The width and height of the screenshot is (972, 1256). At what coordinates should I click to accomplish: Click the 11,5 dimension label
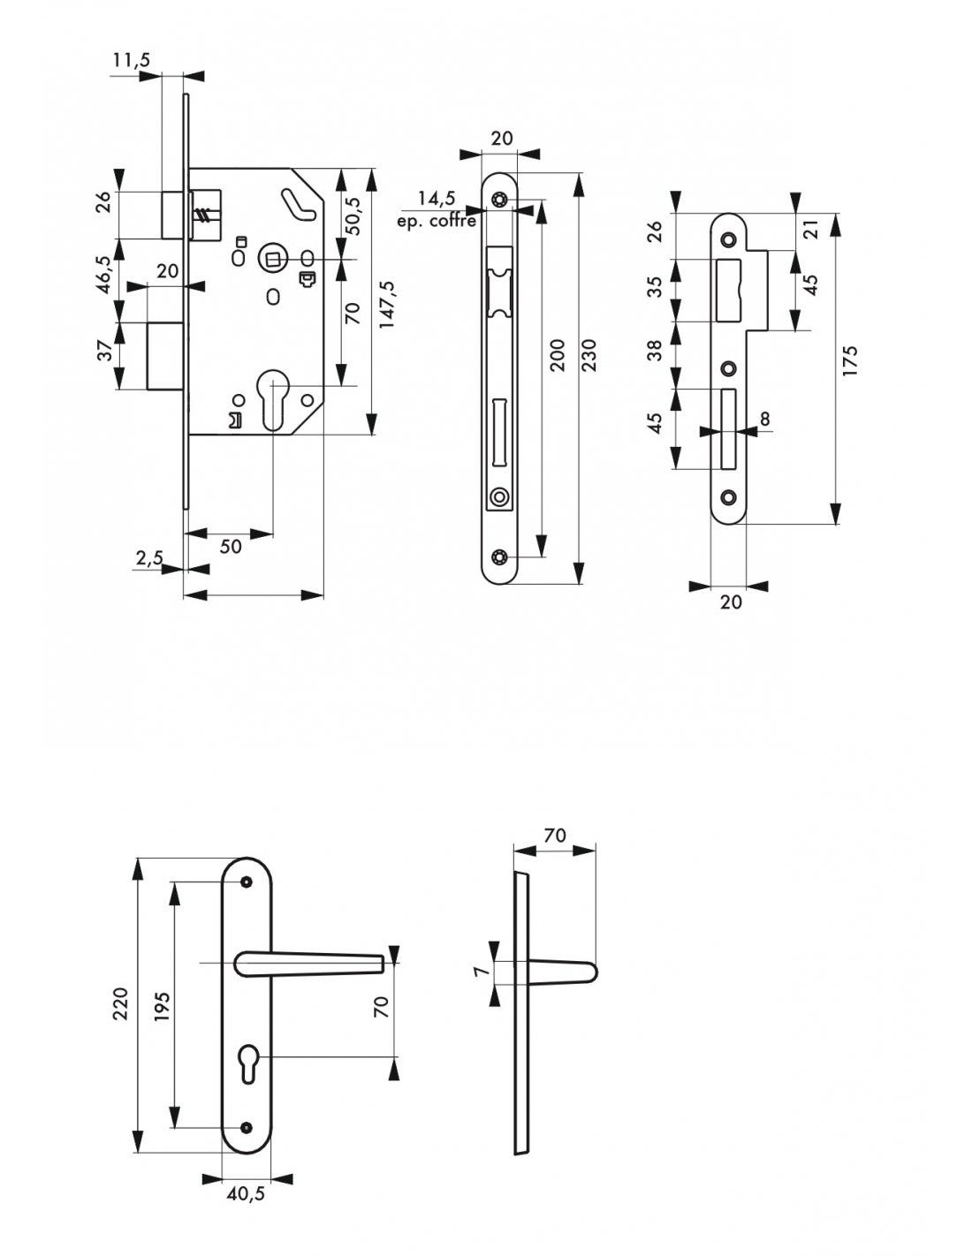pyautogui.click(x=132, y=60)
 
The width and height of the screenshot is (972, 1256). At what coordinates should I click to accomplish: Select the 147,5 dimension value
pyautogui.click(x=386, y=305)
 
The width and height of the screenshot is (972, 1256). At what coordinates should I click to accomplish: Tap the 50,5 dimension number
pyautogui.click(x=353, y=216)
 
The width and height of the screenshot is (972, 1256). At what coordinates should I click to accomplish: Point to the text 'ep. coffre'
pyautogui.click(x=437, y=221)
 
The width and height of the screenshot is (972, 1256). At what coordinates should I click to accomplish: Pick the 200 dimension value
pyautogui.click(x=557, y=355)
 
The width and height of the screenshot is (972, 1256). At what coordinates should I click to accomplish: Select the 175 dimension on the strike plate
pyautogui.click(x=850, y=361)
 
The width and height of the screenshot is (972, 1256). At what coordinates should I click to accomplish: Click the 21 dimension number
pyautogui.click(x=812, y=230)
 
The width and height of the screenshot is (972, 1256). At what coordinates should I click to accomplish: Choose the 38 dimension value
pyautogui.click(x=654, y=351)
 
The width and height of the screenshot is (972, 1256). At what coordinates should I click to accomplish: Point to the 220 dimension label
pyautogui.click(x=120, y=1004)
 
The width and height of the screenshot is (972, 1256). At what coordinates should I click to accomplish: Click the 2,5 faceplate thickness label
pyautogui.click(x=149, y=558)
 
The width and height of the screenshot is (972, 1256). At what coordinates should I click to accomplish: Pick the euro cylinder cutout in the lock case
pyautogui.click(x=271, y=399)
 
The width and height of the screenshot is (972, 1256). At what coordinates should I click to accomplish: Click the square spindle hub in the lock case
pyautogui.click(x=271, y=256)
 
